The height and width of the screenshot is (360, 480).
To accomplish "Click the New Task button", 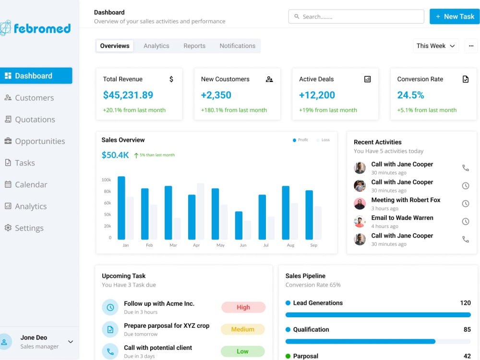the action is click(x=455, y=16).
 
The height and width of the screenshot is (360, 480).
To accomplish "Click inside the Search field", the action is click(x=356, y=16).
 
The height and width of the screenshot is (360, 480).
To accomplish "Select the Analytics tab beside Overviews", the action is click(x=156, y=46).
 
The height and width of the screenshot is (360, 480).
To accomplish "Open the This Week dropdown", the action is click(x=436, y=46).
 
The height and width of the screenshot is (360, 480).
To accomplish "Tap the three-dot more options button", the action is click(x=471, y=46).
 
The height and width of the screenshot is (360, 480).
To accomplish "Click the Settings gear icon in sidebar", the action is click(x=8, y=228).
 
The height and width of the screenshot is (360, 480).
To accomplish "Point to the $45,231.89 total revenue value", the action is click(x=128, y=95).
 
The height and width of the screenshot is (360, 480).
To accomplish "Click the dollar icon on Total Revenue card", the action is click(x=171, y=79).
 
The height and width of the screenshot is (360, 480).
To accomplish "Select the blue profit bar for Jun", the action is click(x=239, y=225).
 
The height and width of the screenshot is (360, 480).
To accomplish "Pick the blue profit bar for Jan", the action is click(x=121, y=208).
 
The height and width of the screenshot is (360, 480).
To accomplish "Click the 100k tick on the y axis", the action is click(x=106, y=180).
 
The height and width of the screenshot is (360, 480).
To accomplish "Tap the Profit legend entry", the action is click(x=300, y=140).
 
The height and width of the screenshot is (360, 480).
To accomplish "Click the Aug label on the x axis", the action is click(x=290, y=245).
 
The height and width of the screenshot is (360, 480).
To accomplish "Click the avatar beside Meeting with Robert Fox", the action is click(x=360, y=204).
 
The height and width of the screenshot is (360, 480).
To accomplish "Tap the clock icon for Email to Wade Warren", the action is click(x=466, y=222).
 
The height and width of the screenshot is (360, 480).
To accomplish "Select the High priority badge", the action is click(x=243, y=307).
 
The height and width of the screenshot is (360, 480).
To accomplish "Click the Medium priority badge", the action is click(x=243, y=329).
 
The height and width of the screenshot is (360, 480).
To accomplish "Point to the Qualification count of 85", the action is click(x=467, y=330).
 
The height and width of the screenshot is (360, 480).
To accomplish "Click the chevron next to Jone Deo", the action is click(x=71, y=342).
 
